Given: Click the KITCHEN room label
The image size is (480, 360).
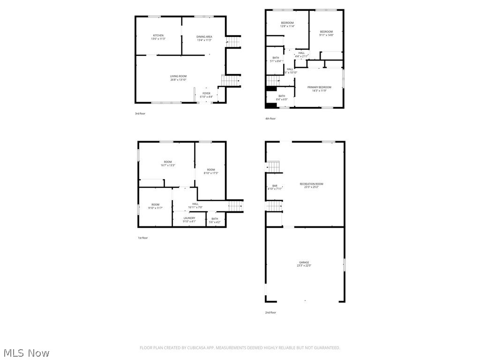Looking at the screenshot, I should pyautogui.click(x=158, y=36).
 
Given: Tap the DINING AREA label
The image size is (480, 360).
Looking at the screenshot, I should pyautogui.click(x=204, y=37).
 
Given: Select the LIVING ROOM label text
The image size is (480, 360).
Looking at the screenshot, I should pyautogui.click(x=178, y=76).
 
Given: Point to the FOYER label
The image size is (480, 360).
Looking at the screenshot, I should pyautogui.click(x=206, y=94).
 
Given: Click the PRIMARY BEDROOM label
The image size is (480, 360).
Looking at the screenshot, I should pyautogui.click(x=319, y=87).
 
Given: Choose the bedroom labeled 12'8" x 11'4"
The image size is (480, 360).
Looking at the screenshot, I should pyautogui.click(x=287, y=23).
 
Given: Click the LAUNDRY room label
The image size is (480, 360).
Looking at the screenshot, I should pyautogui.click(x=189, y=218).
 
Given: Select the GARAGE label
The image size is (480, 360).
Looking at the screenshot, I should pyautogui.click(x=304, y=262).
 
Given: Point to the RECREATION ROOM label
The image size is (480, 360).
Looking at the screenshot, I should pyautogui.click(x=311, y=184).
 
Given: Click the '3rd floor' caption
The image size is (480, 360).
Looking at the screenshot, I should pyautogui.click(x=140, y=113).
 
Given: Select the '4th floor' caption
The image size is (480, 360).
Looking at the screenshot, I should pyautogui.click(x=270, y=119).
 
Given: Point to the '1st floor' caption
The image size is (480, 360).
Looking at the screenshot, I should pyautogui.click(x=142, y=238).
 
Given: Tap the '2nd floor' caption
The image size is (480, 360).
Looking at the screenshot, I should pyautogui.click(x=270, y=312).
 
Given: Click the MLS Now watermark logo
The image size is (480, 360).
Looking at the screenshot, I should pyautogui.click(x=26, y=352).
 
